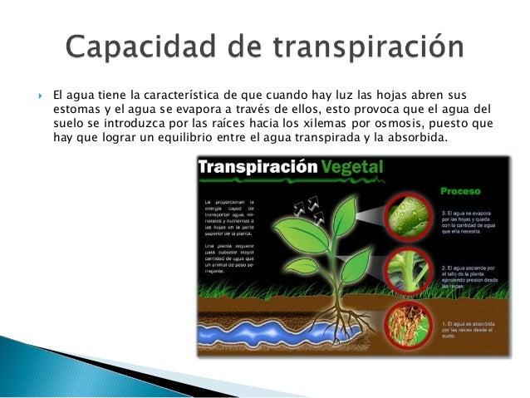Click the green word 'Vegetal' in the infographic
(x=353, y=167)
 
